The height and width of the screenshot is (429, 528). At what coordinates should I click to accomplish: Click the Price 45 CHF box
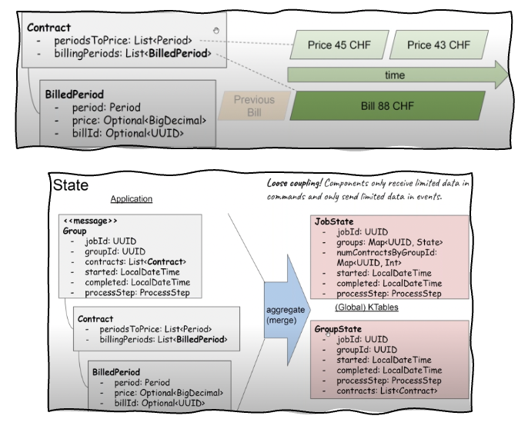tap(339, 45)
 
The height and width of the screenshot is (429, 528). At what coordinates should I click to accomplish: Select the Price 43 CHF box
tap(439, 45)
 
